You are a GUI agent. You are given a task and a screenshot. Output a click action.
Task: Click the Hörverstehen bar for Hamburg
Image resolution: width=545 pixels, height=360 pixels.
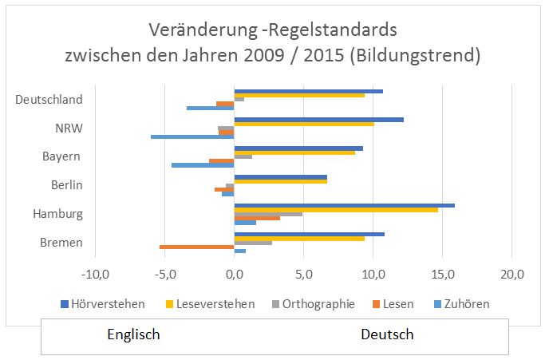click(344, 205)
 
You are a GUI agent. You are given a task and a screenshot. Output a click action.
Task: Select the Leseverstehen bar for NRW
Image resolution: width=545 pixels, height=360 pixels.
click(304, 124)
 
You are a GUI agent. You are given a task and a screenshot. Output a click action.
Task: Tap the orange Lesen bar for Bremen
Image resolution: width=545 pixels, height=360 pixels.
click(196, 247)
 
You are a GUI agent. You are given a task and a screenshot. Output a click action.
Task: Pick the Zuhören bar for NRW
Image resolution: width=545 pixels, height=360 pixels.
click(192, 136)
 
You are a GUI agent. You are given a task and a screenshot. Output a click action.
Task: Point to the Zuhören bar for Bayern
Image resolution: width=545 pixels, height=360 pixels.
click(203, 165)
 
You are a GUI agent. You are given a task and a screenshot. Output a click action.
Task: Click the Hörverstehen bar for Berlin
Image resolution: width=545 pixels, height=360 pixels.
click(280, 176)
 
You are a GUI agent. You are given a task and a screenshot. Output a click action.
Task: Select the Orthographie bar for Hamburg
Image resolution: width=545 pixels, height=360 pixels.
click(268, 214)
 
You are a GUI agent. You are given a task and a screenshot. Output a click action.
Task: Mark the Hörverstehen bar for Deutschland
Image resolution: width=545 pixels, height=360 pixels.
click(308, 91)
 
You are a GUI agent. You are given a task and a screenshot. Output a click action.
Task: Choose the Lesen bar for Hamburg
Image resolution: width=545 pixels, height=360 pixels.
click(257, 218)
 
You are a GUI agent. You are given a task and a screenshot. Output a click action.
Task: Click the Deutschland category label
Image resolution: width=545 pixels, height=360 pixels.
click(49, 100)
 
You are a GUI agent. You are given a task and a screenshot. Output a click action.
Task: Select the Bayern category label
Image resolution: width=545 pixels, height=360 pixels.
click(61, 156)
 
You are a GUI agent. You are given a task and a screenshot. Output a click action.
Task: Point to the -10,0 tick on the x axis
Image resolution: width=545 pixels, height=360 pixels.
click(95, 275)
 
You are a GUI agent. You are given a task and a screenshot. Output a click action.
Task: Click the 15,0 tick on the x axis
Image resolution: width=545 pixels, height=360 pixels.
click(443, 275)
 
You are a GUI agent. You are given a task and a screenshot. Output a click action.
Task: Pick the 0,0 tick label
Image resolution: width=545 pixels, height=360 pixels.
click(234, 275)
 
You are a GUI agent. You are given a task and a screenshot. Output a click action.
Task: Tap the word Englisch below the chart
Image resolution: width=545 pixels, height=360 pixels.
click(133, 334)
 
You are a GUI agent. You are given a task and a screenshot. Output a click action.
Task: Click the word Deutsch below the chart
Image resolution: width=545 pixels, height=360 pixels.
click(387, 334)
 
